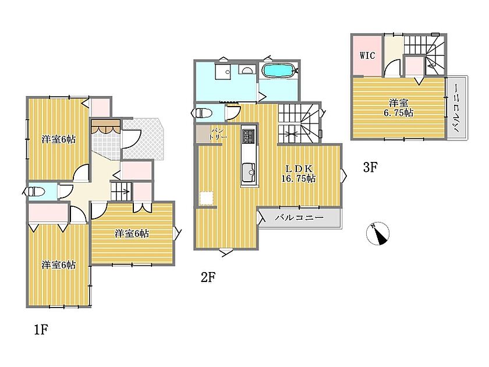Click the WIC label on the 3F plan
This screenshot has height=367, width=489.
click(367, 56)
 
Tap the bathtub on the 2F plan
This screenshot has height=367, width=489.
click(278, 70)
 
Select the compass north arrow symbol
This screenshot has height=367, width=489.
click(378, 234)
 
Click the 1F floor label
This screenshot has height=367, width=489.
click(41, 329)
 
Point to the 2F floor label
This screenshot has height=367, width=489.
click(208, 277)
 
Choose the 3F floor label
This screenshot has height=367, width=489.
click(370, 168)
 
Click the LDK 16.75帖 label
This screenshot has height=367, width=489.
click(299, 174)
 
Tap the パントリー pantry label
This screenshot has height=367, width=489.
click(217, 133)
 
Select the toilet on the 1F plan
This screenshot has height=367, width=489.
click(37, 191)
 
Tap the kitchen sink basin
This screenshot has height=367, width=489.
click(249, 171)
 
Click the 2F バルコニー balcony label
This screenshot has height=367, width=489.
click(299, 217)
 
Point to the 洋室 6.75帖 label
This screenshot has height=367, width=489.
click(398, 108)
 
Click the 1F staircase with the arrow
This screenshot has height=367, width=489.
click(121, 191)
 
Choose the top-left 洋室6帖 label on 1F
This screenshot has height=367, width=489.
click(59, 139)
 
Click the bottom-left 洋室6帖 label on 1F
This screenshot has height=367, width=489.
click(59, 265)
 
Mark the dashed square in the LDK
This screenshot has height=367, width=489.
click(206, 198)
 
